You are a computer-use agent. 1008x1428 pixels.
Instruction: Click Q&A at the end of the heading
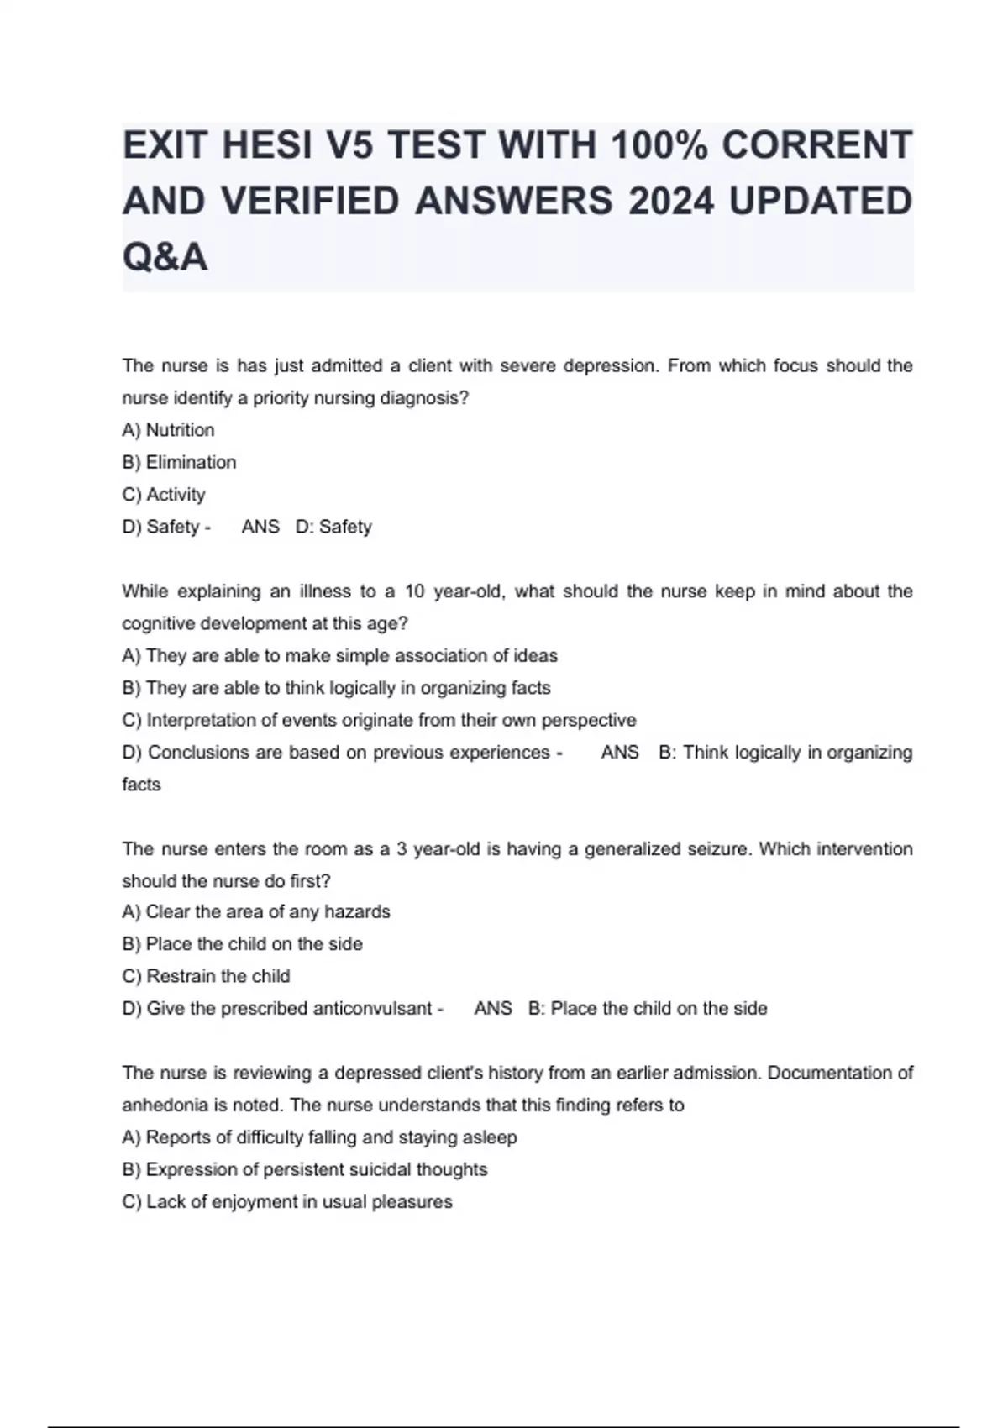165,256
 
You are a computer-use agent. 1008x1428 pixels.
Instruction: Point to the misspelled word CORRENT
816,145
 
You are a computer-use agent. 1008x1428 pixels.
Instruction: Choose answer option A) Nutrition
168,430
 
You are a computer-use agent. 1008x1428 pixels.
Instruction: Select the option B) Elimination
179,462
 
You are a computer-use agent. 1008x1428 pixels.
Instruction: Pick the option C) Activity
164,495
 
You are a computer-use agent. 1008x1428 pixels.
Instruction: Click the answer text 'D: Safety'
333,527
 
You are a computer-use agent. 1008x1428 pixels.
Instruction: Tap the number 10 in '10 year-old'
415,591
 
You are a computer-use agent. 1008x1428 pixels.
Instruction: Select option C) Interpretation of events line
379,720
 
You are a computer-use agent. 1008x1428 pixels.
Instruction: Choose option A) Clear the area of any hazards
256,911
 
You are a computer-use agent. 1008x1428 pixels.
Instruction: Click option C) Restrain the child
206,976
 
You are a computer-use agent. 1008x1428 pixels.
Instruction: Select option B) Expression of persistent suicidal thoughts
305,1169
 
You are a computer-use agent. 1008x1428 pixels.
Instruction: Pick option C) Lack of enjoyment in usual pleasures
287,1201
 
